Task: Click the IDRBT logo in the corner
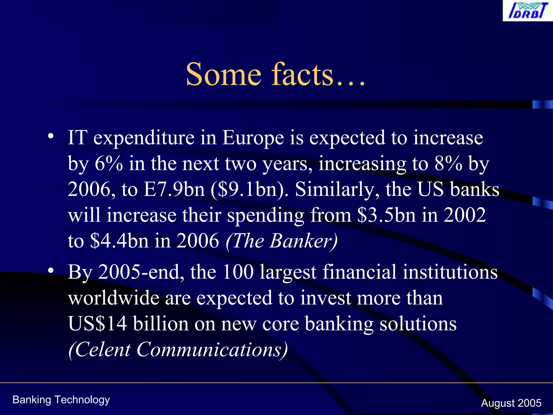pyautogui.click(x=527, y=11)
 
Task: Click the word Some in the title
pyautogui.click(x=224, y=74)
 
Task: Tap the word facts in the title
pyautogui.click(x=302, y=74)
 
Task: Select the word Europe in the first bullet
pyautogui.click(x=253, y=138)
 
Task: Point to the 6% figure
pyautogui.click(x=109, y=163)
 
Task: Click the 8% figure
pyautogui.click(x=448, y=163)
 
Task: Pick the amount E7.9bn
pyautogui.click(x=174, y=189)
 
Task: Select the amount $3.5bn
pyautogui.click(x=386, y=215)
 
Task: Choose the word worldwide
pyautogui.click(x=113, y=298)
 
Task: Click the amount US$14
pyautogui.click(x=97, y=323)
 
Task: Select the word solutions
pyautogui.click(x=418, y=323)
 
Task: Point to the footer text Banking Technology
pyautogui.click(x=61, y=400)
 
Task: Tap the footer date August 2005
pyautogui.click(x=511, y=403)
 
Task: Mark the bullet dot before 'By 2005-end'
pyautogui.click(x=51, y=270)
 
